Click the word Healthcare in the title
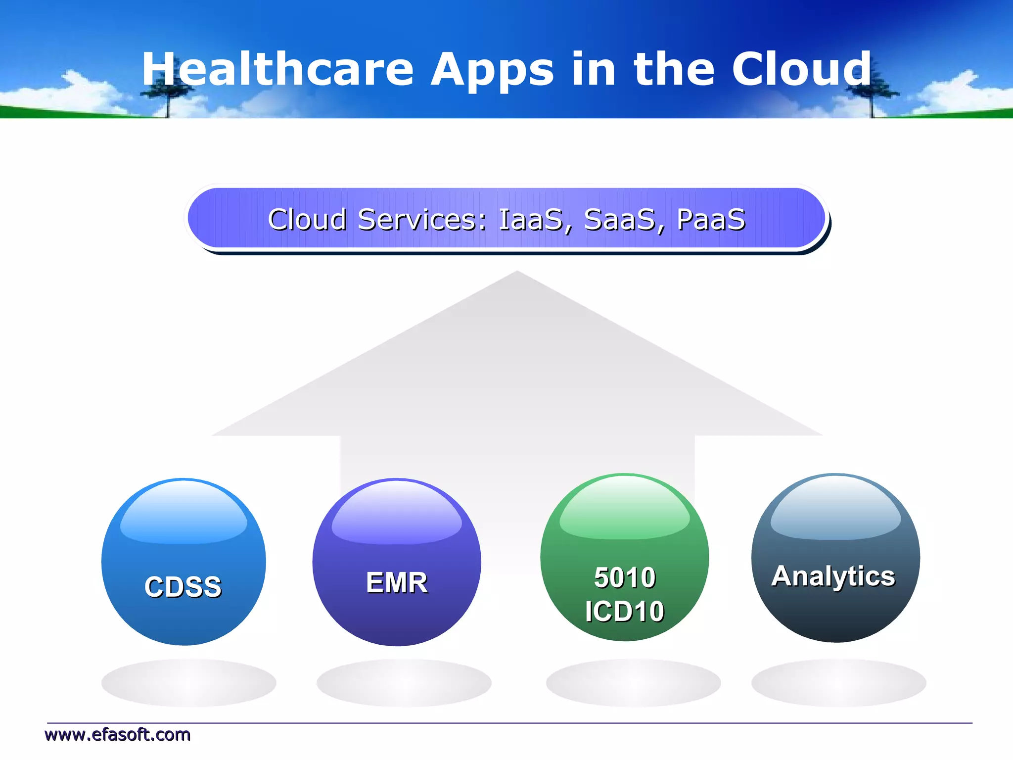click(x=277, y=69)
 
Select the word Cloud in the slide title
click(x=801, y=69)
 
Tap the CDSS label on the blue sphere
click(x=183, y=587)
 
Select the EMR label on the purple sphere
click(x=397, y=582)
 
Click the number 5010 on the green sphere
click(x=625, y=577)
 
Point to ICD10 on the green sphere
click(x=624, y=611)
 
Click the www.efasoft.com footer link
click(x=117, y=735)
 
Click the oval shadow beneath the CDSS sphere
click(x=188, y=683)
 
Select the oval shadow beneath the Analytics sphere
click(x=838, y=683)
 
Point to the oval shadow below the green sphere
click(x=633, y=683)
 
